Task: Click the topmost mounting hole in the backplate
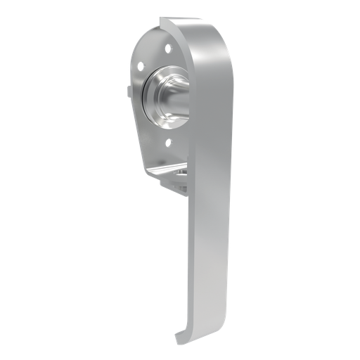point(167,49)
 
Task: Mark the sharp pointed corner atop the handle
point(161,19)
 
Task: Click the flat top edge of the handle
point(183,22)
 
